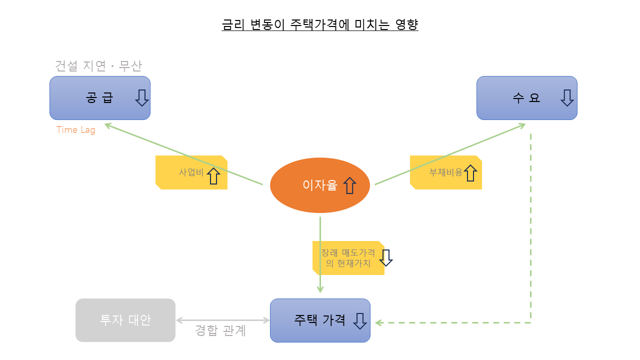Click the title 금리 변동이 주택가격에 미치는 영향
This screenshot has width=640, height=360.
tap(320, 24)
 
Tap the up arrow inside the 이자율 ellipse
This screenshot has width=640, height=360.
tap(349, 185)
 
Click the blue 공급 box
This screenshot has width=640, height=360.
tap(100, 98)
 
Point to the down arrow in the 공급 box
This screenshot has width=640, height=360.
tap(142, 98)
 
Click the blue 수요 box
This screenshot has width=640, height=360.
tap(526, 98)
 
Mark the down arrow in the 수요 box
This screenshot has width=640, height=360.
tap(567, 98)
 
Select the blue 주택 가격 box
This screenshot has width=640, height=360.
tap(320, 320)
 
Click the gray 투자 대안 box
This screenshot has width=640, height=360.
tap(125, 320)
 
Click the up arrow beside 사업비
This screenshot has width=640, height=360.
tap(213, 175)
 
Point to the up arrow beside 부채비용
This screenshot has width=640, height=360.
tap(470, 173)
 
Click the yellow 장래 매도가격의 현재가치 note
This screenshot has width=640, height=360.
tap(345, 258)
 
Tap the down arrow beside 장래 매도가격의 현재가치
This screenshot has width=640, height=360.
tap(386, 258)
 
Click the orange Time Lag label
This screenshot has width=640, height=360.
tap(75, 130)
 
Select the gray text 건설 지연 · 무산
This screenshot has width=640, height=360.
tap(98, 66)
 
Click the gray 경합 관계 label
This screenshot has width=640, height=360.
tap(220, 331)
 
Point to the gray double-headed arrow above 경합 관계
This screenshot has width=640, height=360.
tap(222, 320)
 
